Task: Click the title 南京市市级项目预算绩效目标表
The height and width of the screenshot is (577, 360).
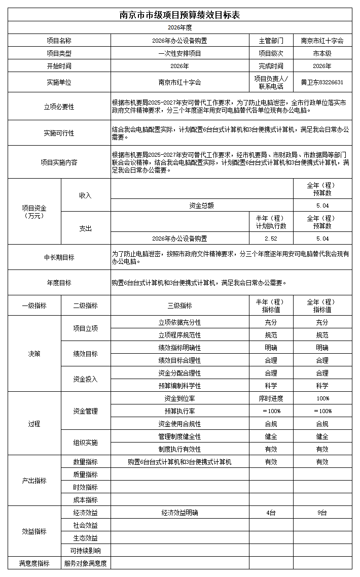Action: pos(179,15)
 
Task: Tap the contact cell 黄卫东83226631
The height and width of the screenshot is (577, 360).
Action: pos(322,82)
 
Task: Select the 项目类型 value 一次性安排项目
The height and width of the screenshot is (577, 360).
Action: pos(179,53)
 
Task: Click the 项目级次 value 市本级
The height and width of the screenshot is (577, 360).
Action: pos(322,53)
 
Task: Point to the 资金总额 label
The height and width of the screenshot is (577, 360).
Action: pos(201,206)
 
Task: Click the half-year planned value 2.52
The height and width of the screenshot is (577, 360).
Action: pos(271,239)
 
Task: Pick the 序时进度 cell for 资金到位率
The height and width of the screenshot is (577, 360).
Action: pos(271,398)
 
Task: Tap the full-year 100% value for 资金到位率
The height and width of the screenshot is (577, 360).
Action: pos(322,398)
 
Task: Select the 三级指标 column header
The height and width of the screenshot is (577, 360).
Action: pos(179,306)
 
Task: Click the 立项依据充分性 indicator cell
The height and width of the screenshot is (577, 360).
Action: pos(179,322)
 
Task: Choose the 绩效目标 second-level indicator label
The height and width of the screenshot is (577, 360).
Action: pos(85,354)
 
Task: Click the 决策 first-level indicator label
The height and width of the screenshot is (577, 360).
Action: pos(34,354)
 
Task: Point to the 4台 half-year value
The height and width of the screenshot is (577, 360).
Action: pos(271,513)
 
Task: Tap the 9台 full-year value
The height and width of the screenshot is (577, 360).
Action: pos(322,513)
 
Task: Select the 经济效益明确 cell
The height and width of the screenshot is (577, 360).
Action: pos(179,513)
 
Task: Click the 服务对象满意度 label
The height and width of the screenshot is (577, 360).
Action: pos(85,563)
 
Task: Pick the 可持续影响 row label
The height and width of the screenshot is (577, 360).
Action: pos(85,551)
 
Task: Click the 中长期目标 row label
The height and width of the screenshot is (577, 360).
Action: pos(59,257)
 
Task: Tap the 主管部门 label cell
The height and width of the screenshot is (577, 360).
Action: pos(271,41)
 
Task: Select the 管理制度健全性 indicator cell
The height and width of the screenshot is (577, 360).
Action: pos(179,436)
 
